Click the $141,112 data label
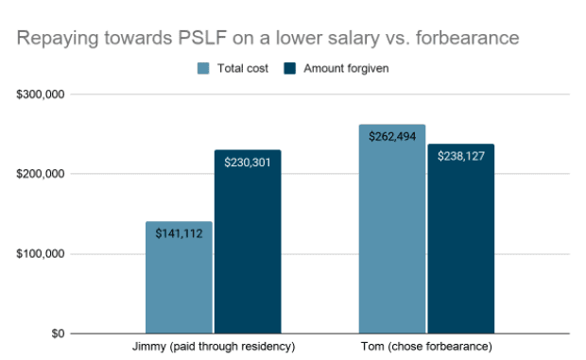[179, 233]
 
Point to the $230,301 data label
[247, 162]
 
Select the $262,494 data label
[392, 136]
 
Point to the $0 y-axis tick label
[56, 334]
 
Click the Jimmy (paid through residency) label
[213, 348]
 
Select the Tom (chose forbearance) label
[426, 348]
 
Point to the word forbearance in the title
[469, 39]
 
